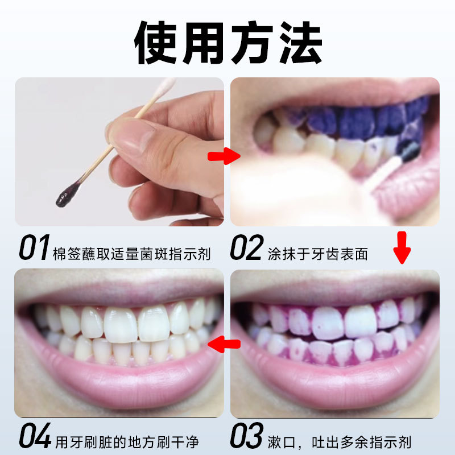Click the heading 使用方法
228,43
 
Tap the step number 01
34,247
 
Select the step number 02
247,247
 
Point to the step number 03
247,435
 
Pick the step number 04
35,435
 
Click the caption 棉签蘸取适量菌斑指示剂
132,254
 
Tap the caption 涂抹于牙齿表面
318,254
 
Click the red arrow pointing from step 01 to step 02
224,156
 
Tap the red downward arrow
402,247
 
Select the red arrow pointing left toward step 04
224,344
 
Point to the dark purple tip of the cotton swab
68,194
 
